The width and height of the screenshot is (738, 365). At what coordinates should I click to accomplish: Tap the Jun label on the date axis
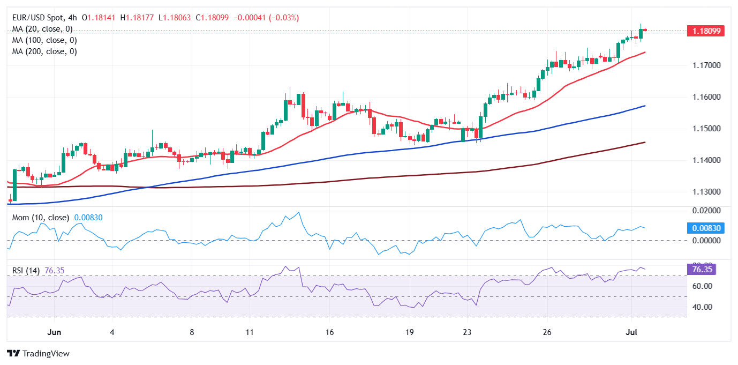click(54, 332)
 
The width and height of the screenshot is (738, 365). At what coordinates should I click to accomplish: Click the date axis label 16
click(329, 332)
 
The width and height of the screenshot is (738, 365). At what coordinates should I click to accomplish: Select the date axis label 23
click(467, 332)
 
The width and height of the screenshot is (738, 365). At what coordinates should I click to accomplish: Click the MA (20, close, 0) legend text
click(42, 29)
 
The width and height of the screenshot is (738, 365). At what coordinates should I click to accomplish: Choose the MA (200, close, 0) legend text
click(44, 51)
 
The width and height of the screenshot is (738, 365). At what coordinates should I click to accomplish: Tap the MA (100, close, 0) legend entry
click(44, 40)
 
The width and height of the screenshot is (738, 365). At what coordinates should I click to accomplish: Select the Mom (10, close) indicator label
click(41, 218)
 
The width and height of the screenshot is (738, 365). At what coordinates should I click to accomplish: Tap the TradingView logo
click(38, 354)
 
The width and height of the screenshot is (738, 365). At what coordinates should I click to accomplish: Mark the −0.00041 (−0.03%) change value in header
click(265, 18)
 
